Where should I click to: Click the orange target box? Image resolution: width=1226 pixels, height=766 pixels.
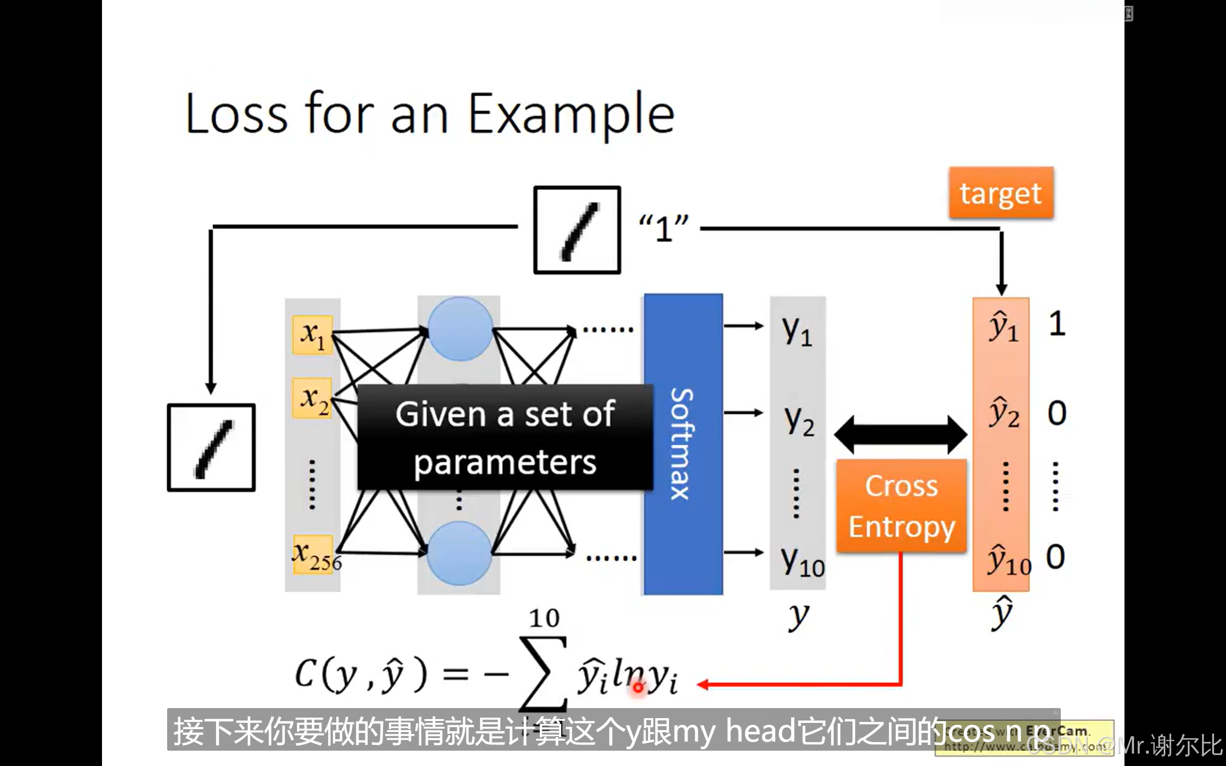[x=1001, y=193]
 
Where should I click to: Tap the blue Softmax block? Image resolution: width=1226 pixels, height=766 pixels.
[x=683, y=444]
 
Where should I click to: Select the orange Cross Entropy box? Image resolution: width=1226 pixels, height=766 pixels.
[x=901, y=506]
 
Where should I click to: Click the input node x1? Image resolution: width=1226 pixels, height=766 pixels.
[x=312, y=335]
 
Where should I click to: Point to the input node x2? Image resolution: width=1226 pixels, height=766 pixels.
[x=312, y=398]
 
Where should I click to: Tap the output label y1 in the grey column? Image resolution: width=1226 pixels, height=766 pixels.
[x=797, y=330]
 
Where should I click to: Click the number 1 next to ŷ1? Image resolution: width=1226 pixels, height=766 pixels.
[x=1057, y=324]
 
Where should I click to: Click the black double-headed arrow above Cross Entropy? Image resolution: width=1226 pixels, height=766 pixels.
[x=901, y=435]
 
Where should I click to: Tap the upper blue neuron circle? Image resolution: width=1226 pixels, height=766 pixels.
[x=460, y=329]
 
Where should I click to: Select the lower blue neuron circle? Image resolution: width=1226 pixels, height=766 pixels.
[x=459, y=553]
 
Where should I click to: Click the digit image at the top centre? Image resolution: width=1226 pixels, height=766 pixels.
[x=577, y=230]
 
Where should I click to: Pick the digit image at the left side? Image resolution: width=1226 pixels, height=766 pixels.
[x=211, y=447]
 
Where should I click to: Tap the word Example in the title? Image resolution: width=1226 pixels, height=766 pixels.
[x=571, y=114]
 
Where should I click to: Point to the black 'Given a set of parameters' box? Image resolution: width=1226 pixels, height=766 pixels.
[x=505, y=437]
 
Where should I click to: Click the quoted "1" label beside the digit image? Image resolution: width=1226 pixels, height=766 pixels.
[x=664, y=228]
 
